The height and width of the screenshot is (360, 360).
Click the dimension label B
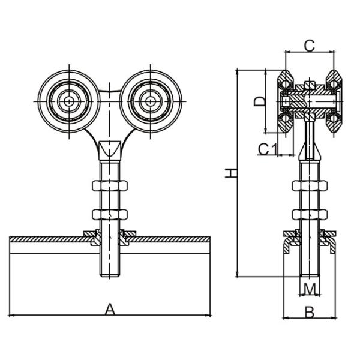pyautogui.click(x=310, y=311)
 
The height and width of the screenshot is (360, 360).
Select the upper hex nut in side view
pyautogui.click(x=309, y=185)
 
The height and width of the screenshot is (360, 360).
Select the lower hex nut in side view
pyautogui.click(x=309, y=214)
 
